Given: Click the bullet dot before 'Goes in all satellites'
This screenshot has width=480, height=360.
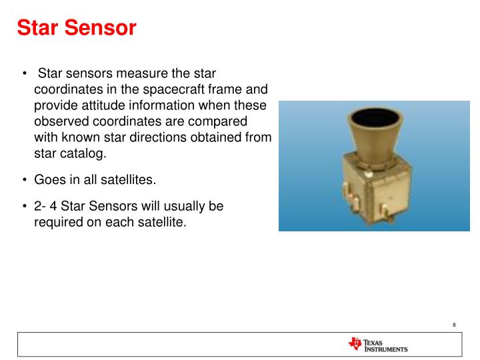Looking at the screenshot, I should pyautogui.click(x=25, y=181).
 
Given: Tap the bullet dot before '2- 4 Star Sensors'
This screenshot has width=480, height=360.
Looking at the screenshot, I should pyautogui.click(x=25, y=207).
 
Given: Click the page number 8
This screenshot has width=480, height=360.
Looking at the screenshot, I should pyautogui.click(x=453, y=325).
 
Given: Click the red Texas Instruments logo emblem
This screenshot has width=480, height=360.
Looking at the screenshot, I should pyautogui.click(x=354, y=344).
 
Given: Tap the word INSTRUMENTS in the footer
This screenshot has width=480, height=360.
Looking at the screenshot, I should pyautogui.click(x=386, y=349).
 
